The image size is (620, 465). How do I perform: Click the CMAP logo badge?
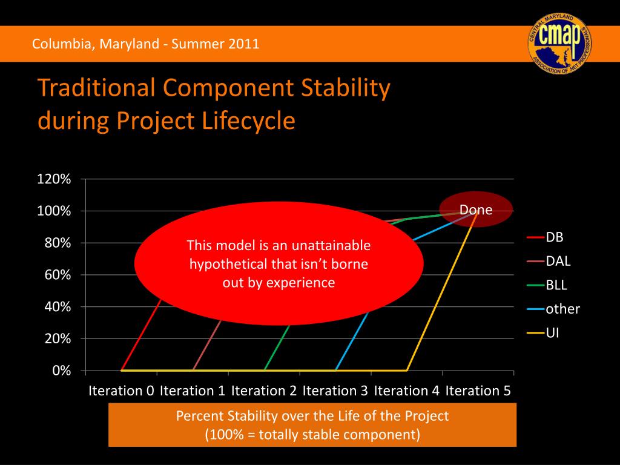coord(559,44)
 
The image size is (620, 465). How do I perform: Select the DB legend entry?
coord(546,237)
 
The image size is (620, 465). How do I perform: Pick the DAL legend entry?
coord(549,261)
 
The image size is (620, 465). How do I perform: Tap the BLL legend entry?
coord(547,285)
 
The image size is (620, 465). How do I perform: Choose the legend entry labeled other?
coord(553,309)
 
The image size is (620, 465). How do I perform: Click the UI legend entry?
coord(543,333)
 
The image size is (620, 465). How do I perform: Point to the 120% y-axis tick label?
coord(54,179)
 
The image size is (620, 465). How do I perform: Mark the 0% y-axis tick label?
coord(62,371)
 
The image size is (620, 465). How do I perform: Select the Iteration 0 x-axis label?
coord(121,391)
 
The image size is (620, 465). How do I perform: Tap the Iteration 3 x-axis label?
coord(335,391)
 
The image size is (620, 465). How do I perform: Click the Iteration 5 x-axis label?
coord(478,391)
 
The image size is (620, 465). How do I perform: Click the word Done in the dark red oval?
coord(476,209)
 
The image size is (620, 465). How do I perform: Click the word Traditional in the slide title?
coord(96,87)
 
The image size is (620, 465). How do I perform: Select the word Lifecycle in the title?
coord(248,120)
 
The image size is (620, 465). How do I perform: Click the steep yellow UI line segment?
coord(441,291)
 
